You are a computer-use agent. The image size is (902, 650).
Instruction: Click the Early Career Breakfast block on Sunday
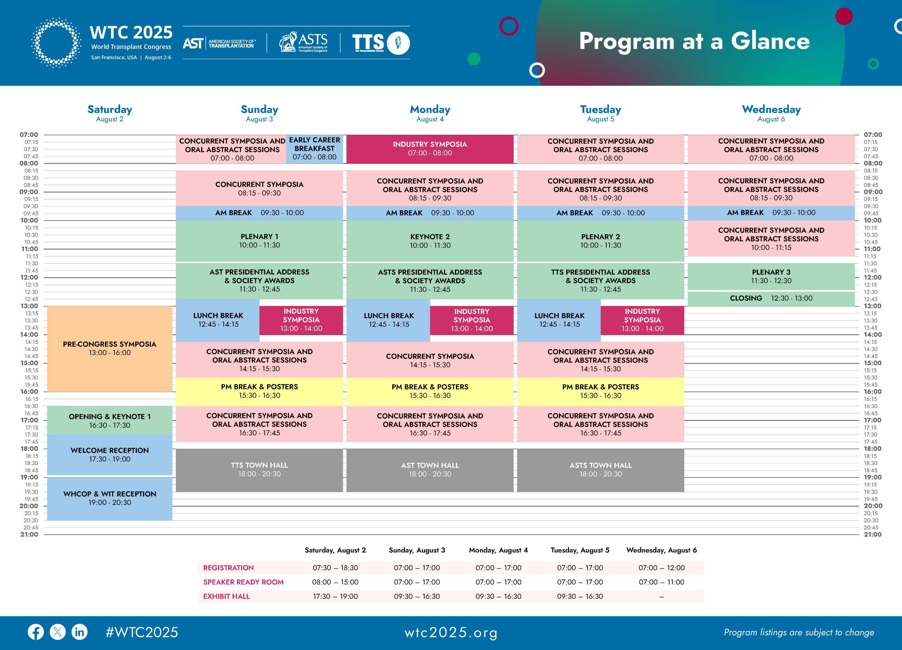(x=314, y=148)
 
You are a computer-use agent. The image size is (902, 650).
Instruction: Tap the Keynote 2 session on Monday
(x=430, y=241)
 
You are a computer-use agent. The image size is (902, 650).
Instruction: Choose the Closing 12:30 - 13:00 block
(x=771, y=298)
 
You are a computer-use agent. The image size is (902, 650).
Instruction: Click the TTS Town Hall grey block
(x=259, y=470)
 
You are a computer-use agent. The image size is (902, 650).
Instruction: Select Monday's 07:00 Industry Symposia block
(x=430, y=148)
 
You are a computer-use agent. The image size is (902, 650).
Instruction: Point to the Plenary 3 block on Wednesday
(x=771, y=276)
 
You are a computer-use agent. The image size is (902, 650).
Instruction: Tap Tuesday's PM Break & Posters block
(x=600, y=391)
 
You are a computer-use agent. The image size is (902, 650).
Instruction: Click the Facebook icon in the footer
(x=36, y=632)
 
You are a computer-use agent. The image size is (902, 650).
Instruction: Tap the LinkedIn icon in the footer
(x=80, y=632)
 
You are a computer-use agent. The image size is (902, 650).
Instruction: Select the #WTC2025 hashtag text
(x=142, y=632)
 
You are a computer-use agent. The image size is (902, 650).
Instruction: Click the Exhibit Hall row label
(x=226, y=596)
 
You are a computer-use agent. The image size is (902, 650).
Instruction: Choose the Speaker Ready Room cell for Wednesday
(x=661, y=582)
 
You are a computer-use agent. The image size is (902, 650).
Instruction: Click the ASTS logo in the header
(x=303, y=42)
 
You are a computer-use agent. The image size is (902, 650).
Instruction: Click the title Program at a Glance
(x=694, y=41)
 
